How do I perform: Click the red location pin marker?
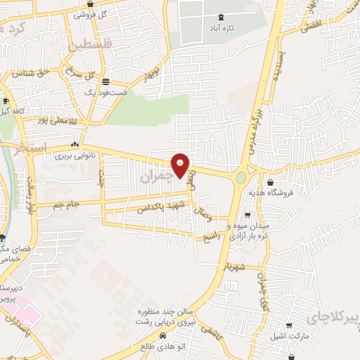click(181, 165)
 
